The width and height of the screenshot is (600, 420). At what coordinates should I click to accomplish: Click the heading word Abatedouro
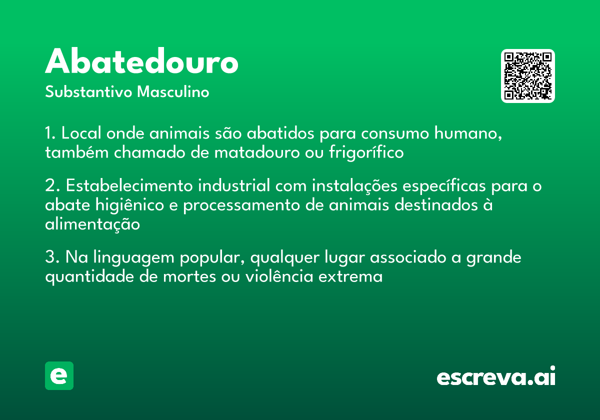pos(141,62)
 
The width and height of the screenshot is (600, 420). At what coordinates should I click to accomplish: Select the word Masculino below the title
pos(173,92)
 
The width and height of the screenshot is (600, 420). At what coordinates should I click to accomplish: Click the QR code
pos(528,76)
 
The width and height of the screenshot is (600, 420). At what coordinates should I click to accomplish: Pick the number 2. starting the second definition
pos(52,186)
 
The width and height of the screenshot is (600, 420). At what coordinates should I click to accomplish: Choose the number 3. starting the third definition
pos(52,258)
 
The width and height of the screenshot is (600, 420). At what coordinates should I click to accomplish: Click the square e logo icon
pos(59,375)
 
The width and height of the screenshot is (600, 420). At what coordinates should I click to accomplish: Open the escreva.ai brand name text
pos(495,376)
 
